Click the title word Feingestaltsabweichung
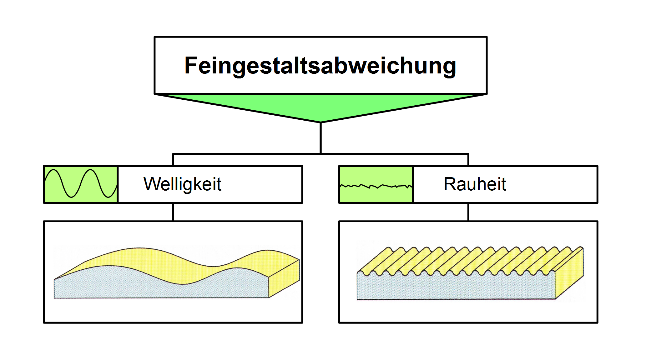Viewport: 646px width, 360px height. pos(320,66)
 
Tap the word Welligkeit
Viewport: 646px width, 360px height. pos(182,184)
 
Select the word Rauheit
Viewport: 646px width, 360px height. pos(475,184)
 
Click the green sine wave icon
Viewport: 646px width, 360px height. pos(81,184)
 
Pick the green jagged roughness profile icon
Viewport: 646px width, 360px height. pos(376,184)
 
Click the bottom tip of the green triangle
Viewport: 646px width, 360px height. pos(320,122)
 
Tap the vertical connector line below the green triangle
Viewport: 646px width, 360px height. pos(320,138)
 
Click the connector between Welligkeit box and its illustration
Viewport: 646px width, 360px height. pos(173,212)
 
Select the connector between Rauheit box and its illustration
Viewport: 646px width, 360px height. pos(468,212)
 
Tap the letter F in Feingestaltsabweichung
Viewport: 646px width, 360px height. pos(191,66)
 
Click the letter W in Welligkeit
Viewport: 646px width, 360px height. pos(153,184)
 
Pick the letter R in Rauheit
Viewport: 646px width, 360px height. pos(450,184)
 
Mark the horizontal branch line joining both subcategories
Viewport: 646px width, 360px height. pos(320,154)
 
